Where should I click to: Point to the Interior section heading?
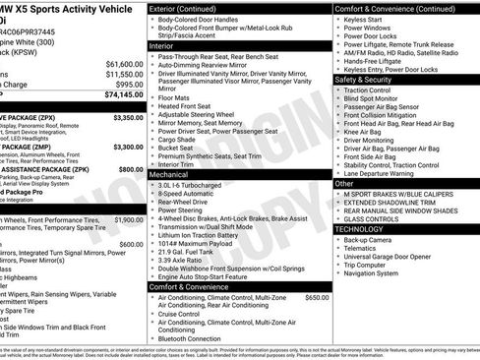click(x=160, y=45)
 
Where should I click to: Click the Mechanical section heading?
click(x=169, y=172)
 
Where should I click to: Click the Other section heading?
click(x=344, y=183)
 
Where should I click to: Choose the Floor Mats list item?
click(x=174, y=97)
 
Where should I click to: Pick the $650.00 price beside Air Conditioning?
click(x=317, y=297)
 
